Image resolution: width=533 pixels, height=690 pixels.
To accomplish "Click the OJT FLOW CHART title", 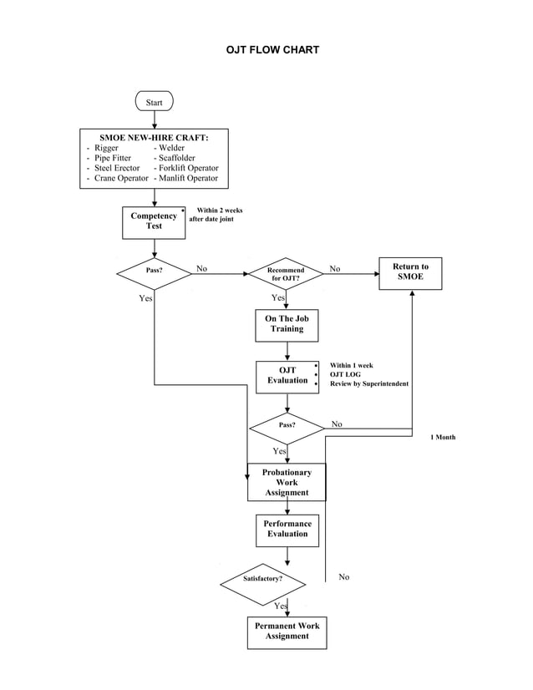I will click(x=272, y=50).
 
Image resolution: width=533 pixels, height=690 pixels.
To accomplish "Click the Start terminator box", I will click(x=154, y=102).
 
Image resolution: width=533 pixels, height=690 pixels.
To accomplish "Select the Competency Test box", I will click(x=154, y=221).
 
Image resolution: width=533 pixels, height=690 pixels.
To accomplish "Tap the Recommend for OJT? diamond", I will click(x=287, y=273).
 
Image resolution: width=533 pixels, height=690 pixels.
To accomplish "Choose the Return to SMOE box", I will click(x=410, y=272).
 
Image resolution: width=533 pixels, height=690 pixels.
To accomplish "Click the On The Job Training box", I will click(x=287, y=324).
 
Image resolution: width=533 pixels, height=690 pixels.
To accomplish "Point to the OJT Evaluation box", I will click(x=287, y=376).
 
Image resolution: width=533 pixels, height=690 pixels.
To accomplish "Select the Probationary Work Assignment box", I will click(x=287, y=483).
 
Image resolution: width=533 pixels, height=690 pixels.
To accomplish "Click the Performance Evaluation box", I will click(x=287, y=530).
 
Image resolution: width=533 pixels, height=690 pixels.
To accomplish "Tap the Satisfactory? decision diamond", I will click(x=262, y=578).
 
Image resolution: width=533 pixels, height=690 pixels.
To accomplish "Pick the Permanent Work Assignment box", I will click(x=287, y=632).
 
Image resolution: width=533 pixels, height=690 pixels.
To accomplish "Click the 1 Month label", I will click(x=442, y=437).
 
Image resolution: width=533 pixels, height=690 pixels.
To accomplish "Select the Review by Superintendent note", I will click(x=368, y=383).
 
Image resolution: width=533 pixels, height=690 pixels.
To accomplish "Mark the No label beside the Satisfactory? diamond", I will click(x=344, y=577).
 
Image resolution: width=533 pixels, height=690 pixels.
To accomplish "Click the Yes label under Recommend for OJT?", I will click(x=278, y=298).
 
